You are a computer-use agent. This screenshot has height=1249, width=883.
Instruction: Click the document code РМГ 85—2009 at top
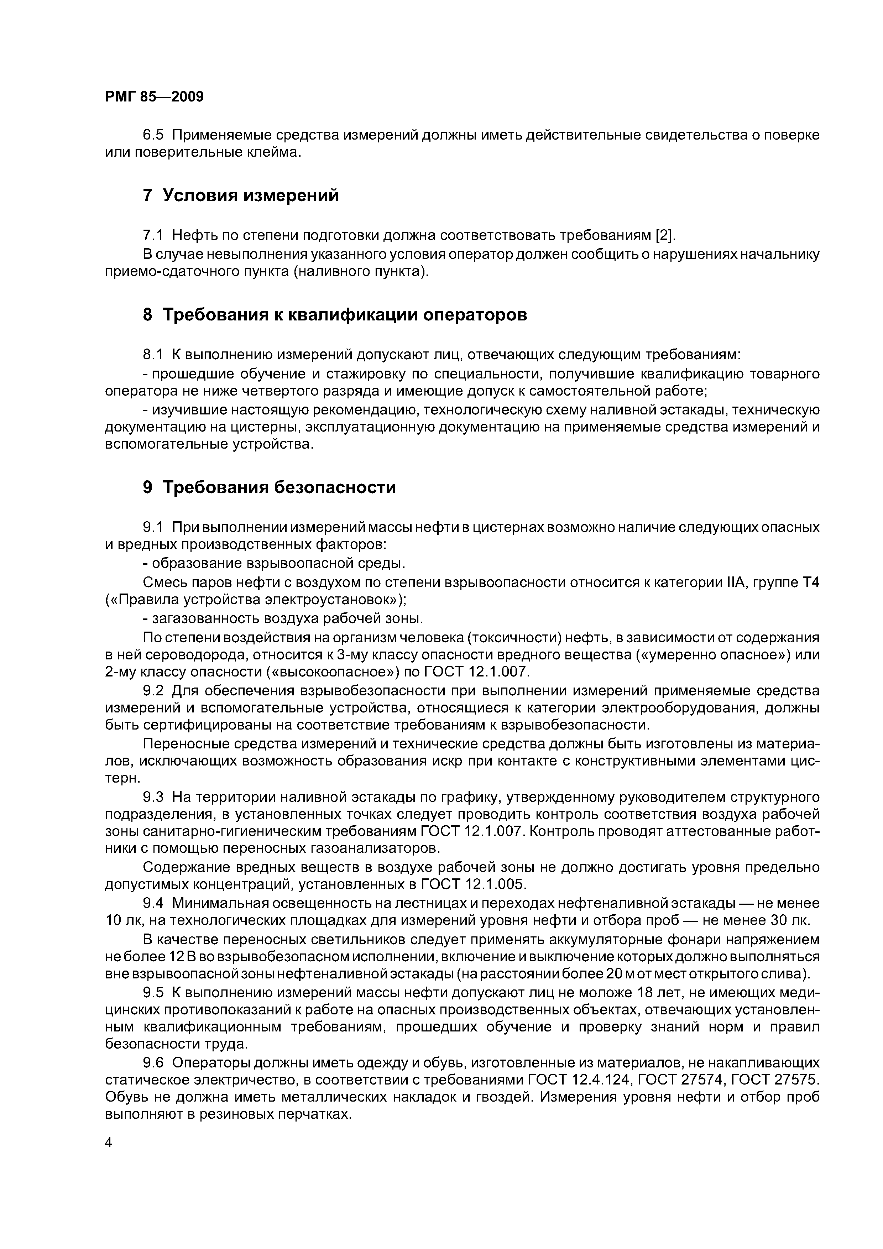[154, 97]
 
